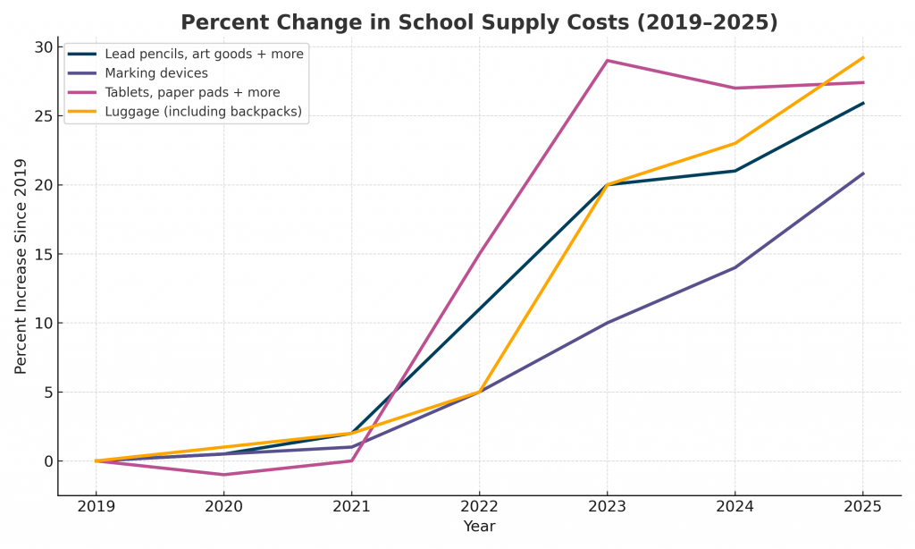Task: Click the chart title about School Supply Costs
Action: click(479, 22)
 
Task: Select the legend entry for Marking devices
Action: click(156, 73)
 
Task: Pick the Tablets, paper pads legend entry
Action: click(192, 92)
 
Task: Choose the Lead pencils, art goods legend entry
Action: click(204, 55)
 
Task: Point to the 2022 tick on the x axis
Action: click(479, 505)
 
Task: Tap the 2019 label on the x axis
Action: click(96, 505)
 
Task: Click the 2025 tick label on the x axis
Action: click(862, 505)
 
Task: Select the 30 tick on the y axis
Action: click(41, 47)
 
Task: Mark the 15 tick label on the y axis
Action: click(41, 254)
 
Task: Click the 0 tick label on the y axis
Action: click(46, 461)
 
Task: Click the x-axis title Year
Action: click(479, 527)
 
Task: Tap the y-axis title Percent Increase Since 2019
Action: click(21, 266)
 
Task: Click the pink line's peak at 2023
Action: click(607, 61)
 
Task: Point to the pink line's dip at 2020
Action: click(223, 475)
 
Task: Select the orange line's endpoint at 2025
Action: click(862, 58)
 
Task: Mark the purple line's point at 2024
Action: click(735, 267)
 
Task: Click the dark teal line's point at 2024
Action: click(735, 171)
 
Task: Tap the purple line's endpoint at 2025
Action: click(862, 173)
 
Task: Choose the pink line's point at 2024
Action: click(735, 88)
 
